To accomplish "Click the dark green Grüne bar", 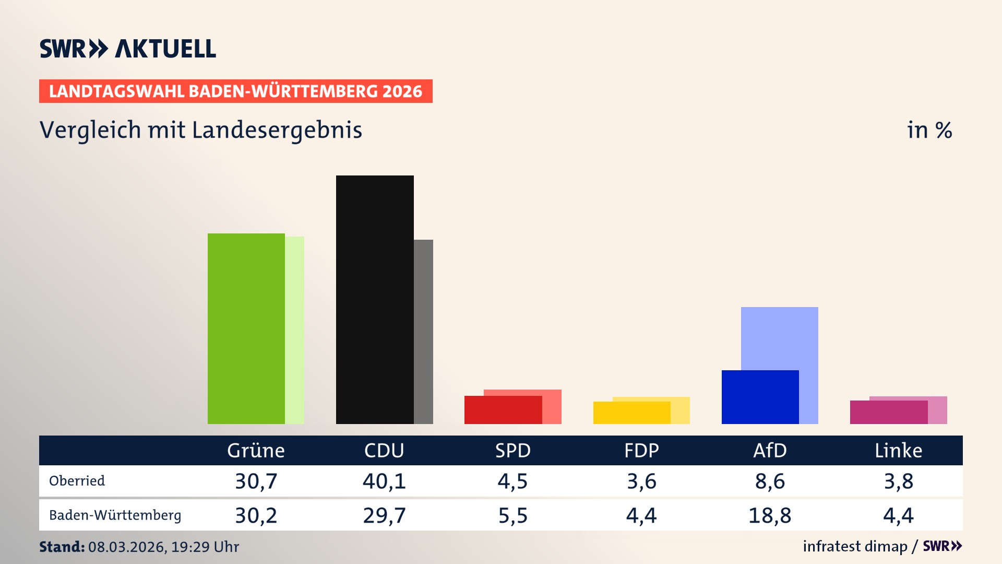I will pyautogui.click(x=246, y=328).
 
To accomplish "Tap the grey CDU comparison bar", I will pyautogui.click(x=424, y=332).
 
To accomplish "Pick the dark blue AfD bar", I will pyautogui.click(x=760, y=397).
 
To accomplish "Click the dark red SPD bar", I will pyautogui.click(x=503, y=410).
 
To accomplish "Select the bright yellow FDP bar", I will pyautogui.click(x=631, y=413).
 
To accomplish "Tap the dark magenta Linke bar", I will pyautogui.click(x=888, y=412).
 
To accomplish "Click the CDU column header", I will pyautogui.click(x=384, y=451).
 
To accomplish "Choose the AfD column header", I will pyautogui.click(x=770, y=451).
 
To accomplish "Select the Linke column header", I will pyautogui.click(x=898, y=451).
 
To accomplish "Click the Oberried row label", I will pyautogui.click(x=77, y=481).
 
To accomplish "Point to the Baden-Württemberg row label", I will pyautogui.click(x=115, y=515).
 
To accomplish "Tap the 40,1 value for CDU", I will pyautogui.click(x=384, y=481).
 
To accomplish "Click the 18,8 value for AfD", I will pyautogui.click(x=770, y=515).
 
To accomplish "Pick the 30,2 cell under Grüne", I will pyautogui.click(x=256, y=515).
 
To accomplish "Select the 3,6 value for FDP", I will pyautogui.click(x=641, y=481).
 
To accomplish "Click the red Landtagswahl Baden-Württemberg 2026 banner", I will pyautogui.click(x=235, y=91).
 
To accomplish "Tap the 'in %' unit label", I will pyautogui.click(x=929, y=130).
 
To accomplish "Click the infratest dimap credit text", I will pyautogui.click(x=855, y=546).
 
